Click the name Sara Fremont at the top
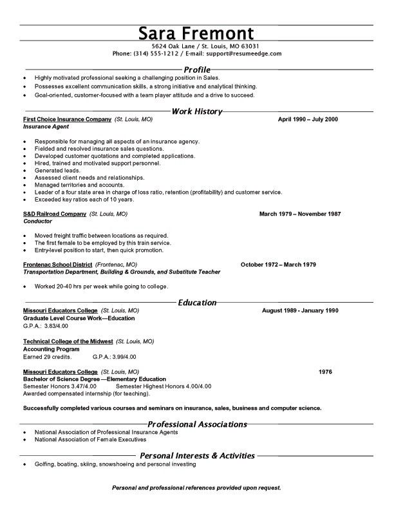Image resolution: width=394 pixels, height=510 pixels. pos(196,33)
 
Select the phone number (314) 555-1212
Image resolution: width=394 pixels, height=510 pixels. pos(155,54)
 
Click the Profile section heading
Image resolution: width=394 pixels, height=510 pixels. pos(197,69)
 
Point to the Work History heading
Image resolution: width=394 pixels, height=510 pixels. pos(197,111)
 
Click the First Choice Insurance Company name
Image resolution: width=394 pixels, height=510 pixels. pos(68,120)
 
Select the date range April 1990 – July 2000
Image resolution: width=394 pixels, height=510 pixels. pos(308,120)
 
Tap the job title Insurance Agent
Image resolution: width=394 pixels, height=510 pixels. pos(46,127)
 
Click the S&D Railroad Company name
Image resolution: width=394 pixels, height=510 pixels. pos(54,213)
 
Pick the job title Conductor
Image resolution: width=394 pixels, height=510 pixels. pos(39,220)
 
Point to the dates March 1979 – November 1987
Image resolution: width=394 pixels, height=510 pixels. pos(300,213)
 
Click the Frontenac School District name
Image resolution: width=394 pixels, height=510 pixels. pos(57,265)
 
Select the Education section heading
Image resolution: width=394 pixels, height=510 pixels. pos(197,303)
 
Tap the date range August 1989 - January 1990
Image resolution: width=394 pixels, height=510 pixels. pos(300,310)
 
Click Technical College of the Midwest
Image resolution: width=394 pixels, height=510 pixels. pos(68,341)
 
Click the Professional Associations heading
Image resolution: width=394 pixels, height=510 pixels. pos(197,424)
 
